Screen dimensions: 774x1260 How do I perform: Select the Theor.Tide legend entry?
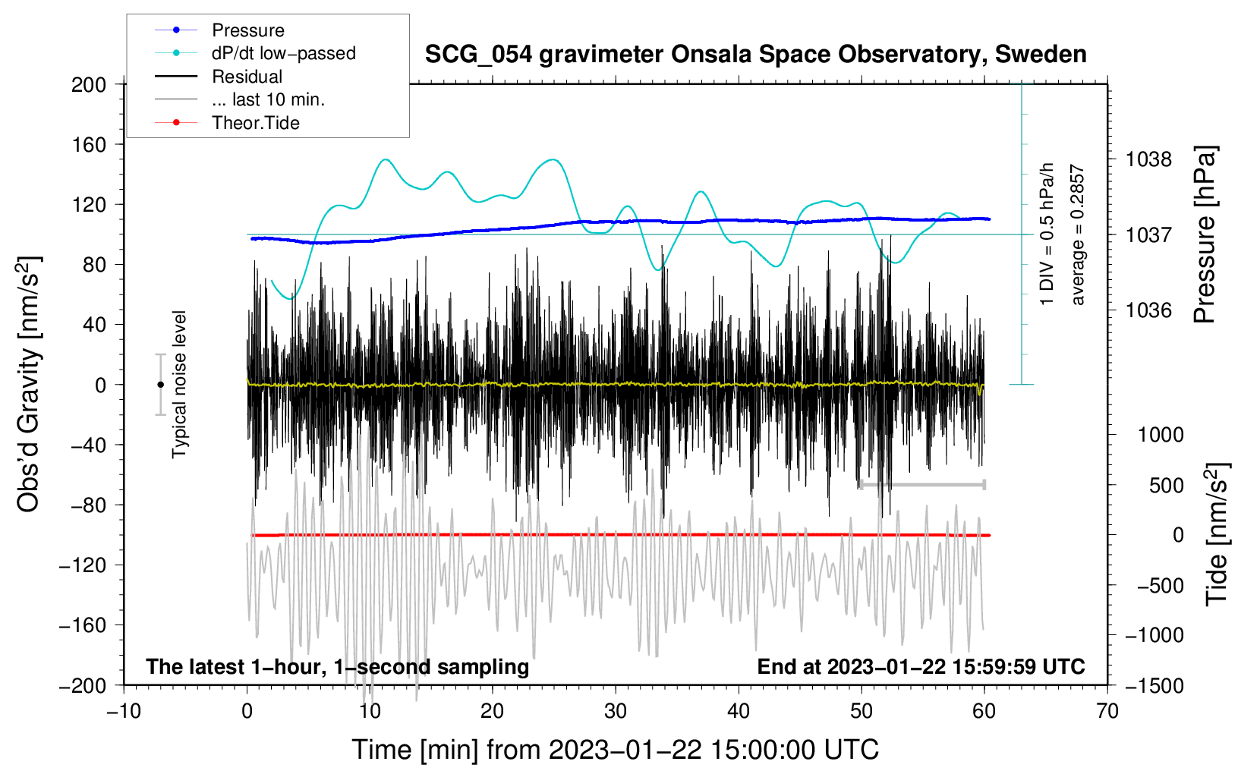(x=255, y=123)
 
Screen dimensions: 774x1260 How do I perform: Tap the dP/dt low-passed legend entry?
(x=283, y=53)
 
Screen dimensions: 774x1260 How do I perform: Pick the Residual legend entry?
(x=247, y=77)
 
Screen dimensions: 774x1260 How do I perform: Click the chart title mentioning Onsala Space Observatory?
(x=755, y=55)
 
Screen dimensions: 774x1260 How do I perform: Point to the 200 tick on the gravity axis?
(x=89, y=84)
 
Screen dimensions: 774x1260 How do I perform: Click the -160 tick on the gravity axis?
(x=83, y=625)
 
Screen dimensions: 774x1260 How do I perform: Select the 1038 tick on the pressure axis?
(x=1148, y=159)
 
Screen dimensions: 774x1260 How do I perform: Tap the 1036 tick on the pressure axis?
(x=1148, y=310)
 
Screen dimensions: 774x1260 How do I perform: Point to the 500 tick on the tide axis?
(x=1166, y=485)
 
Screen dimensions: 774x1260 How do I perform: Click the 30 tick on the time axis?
(x=616, y=711)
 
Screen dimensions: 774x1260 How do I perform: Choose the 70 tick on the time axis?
(x=1107, y=711)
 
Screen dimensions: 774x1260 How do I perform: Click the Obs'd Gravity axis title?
(x=29, y=384)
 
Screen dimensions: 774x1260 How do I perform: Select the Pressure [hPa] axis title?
(x=1205, y=234)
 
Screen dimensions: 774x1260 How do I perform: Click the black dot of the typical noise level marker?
(x=160, y=385)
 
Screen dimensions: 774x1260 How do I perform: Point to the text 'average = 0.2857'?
(x=1078, y=235)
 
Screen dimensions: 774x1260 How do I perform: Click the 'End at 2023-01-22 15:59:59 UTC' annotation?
(x=921, y=666)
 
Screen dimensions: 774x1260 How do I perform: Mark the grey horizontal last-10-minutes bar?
(x=921, y=484)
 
